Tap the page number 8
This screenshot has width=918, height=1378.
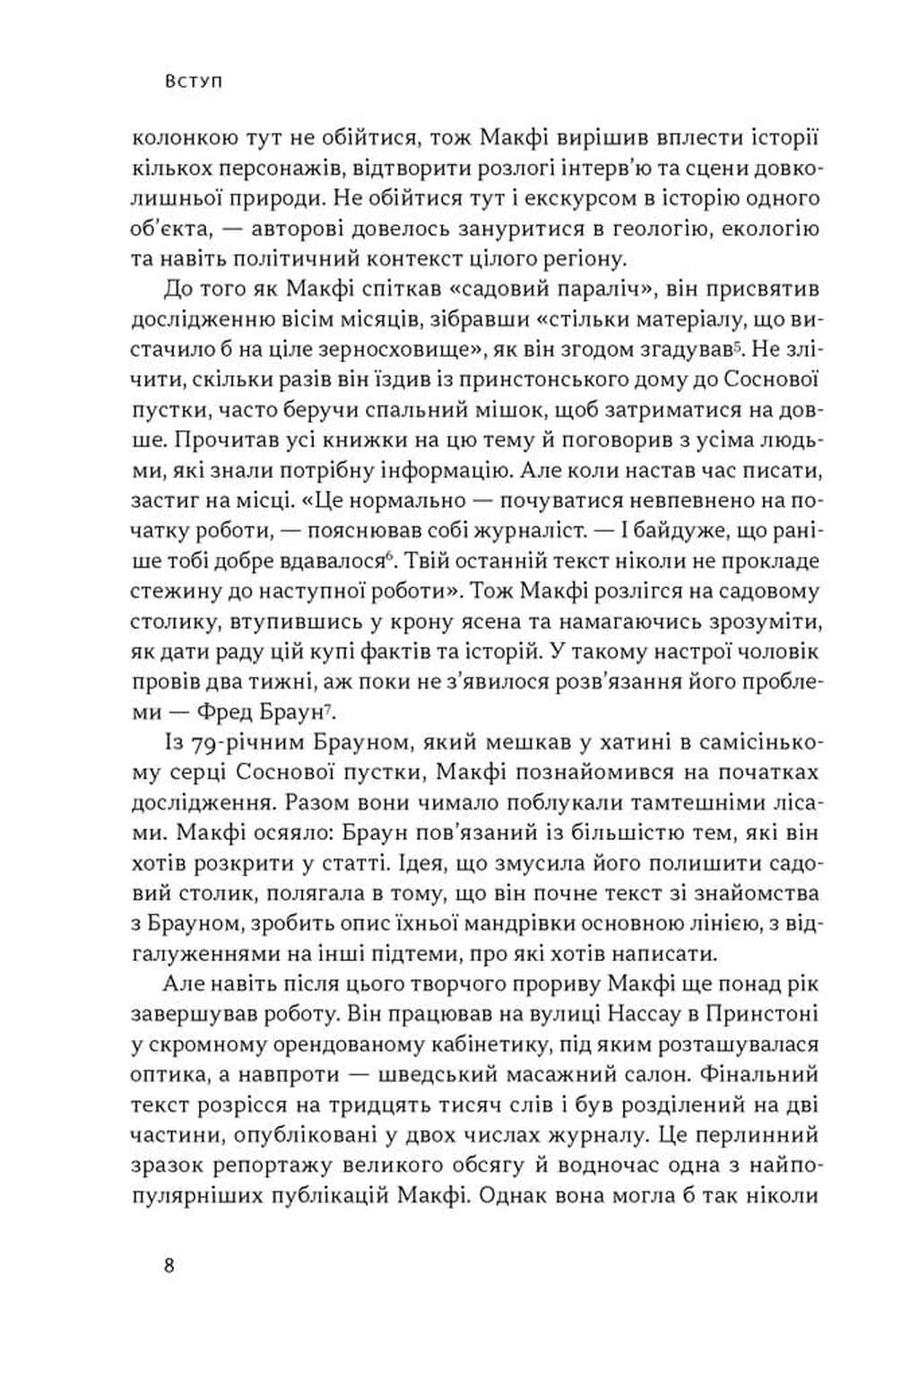(x=169, y=1267)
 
